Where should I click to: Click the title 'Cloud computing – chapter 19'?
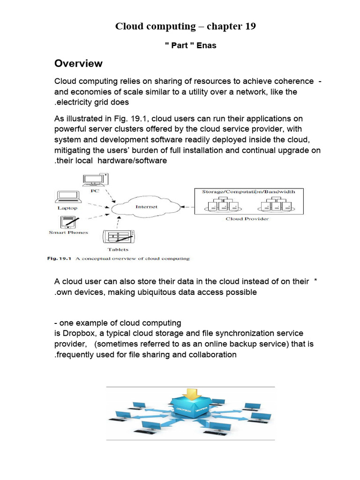click(186, 26)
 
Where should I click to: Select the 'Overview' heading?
click(78, 63)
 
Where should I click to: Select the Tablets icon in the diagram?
click(118, 238)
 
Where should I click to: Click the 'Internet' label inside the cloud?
click(146, 207)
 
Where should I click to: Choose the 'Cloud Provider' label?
click(247, 219)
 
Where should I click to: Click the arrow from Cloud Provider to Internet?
click(188, 207)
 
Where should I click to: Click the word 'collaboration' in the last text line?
click(212, 354)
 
